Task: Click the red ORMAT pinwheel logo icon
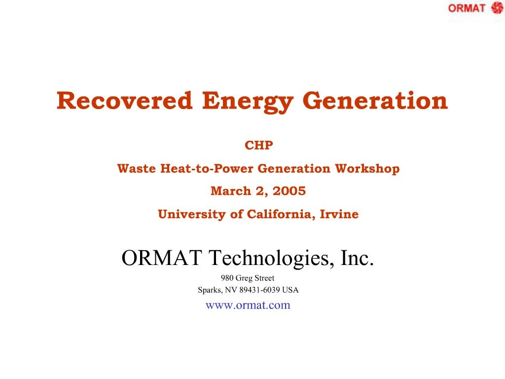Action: click(x=497, y=8)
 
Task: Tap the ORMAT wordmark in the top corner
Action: click(x=467, y=8)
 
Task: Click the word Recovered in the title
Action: click(x=124, y=101)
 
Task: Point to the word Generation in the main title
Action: click(x=375, y=101)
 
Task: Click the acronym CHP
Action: click(x=258, y=146)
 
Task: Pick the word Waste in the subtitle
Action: click(x=137, y=169)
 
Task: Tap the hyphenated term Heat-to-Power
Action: click(x=207, y=169)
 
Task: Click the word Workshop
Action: click(x=367, y=169)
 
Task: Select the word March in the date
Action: click(x=231, y=191)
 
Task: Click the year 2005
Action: click(x=289, y=191)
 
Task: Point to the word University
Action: click(x=192, y=215)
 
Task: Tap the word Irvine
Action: click(x=339, y=214)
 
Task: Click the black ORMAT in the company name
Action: click(x=162, y=258)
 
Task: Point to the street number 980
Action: click(x=227, y=278)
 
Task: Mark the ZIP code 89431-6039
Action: click(x=259, y=290)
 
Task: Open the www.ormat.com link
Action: click(x=248, y=305)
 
